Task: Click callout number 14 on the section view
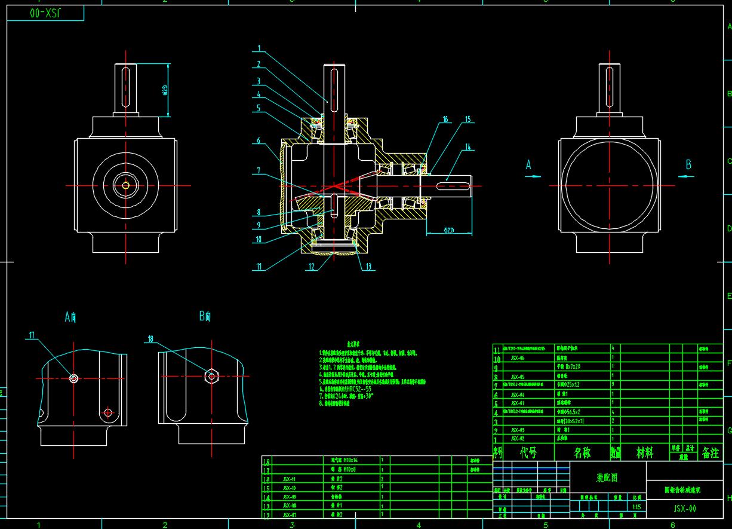pos(468,147)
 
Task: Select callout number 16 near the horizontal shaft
pos(445,120)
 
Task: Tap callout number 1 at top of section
pos(259,48)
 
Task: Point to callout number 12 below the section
pos(311,267)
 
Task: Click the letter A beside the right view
pos(528,166)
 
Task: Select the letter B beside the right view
pos(688,164)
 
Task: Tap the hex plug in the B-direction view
pos(210,376)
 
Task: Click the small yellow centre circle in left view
pos(125,185)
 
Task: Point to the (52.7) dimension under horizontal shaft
pos(449,229)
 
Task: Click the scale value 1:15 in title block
pos(638,507)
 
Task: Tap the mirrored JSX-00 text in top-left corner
pos(48,13)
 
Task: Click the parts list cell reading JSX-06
pos(518,357)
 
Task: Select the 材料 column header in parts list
pos(644,453)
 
